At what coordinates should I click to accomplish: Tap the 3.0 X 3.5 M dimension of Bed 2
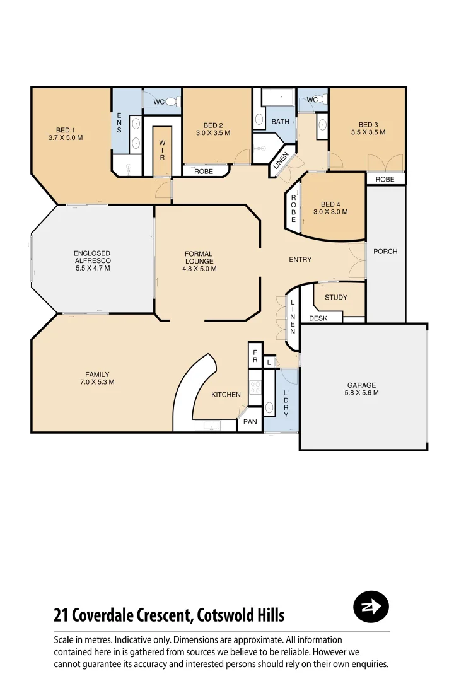point(213,133)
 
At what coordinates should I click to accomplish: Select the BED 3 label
point(368,125)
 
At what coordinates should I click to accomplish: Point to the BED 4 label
point(330,204)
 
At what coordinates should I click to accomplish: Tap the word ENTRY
point(300,260)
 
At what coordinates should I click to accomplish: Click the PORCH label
point(385,252)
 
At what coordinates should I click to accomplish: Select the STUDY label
point(336,298)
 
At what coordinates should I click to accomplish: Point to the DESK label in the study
point(318,318)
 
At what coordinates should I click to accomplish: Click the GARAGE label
point(362,385)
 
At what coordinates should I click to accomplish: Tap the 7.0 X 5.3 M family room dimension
point(97,382)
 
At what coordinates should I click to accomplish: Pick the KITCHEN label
point(226,395)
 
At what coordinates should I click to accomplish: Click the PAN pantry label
point(250,422)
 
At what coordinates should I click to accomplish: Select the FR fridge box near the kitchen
point(255,356)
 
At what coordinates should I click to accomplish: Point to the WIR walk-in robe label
point(162,150)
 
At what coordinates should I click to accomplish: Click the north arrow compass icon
point(371,607)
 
